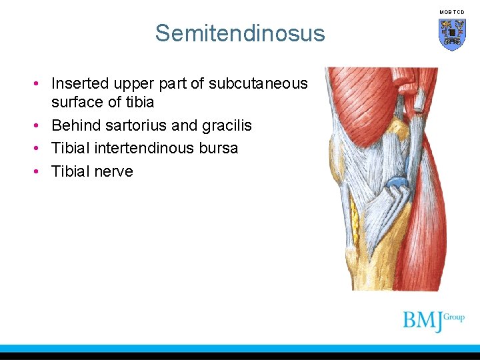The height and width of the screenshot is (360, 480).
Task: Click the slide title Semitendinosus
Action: [240, 33]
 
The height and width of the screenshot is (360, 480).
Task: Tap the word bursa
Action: [218, 148]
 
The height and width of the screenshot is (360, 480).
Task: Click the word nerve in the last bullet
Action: [114, 171]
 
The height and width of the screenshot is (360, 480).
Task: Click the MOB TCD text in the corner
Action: [451, 12]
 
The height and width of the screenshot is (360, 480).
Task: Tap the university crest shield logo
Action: [451, 34]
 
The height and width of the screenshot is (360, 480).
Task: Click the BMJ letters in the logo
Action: [423, 321]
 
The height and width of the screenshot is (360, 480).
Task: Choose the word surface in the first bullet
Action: [76, 102]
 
